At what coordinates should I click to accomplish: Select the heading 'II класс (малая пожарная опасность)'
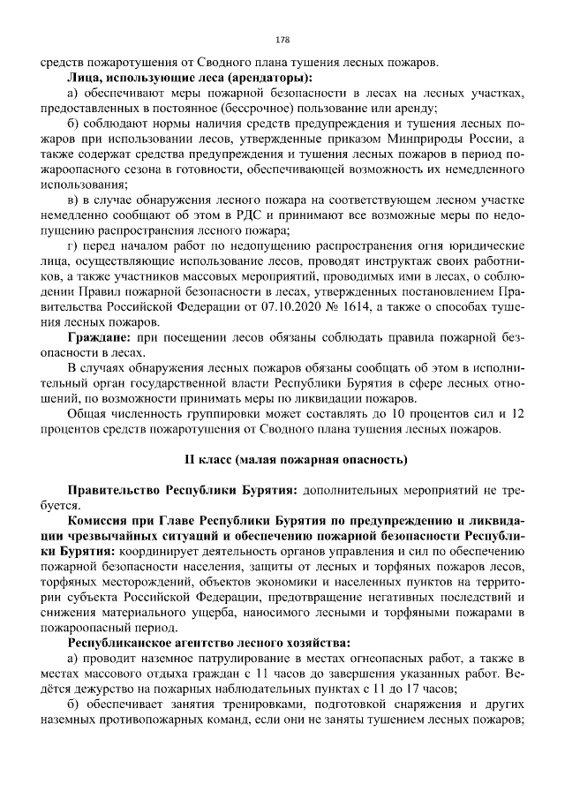[x=282, y=461]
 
